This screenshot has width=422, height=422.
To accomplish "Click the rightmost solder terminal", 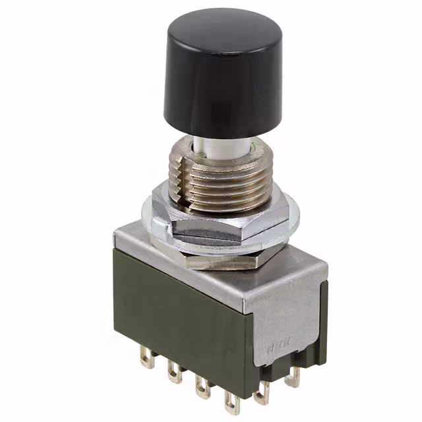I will [293, 376].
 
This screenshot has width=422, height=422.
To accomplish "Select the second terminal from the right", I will [264, 391].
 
